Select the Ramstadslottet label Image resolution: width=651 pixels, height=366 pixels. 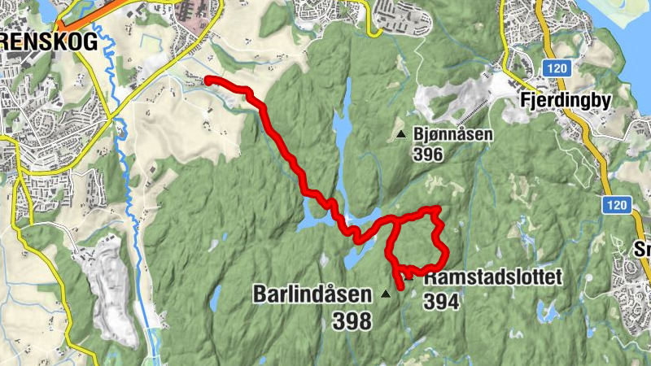click(493, 278)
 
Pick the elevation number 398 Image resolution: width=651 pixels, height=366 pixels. click(352, 321)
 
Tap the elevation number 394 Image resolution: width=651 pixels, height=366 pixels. click(441, 302)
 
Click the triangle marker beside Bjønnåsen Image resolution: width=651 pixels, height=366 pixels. click(400, 134)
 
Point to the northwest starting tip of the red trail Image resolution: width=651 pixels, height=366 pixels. click(208, 80)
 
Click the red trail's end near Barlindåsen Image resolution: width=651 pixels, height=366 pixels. click(400, 287)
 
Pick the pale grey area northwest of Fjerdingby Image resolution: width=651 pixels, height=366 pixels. click(456, 102)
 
